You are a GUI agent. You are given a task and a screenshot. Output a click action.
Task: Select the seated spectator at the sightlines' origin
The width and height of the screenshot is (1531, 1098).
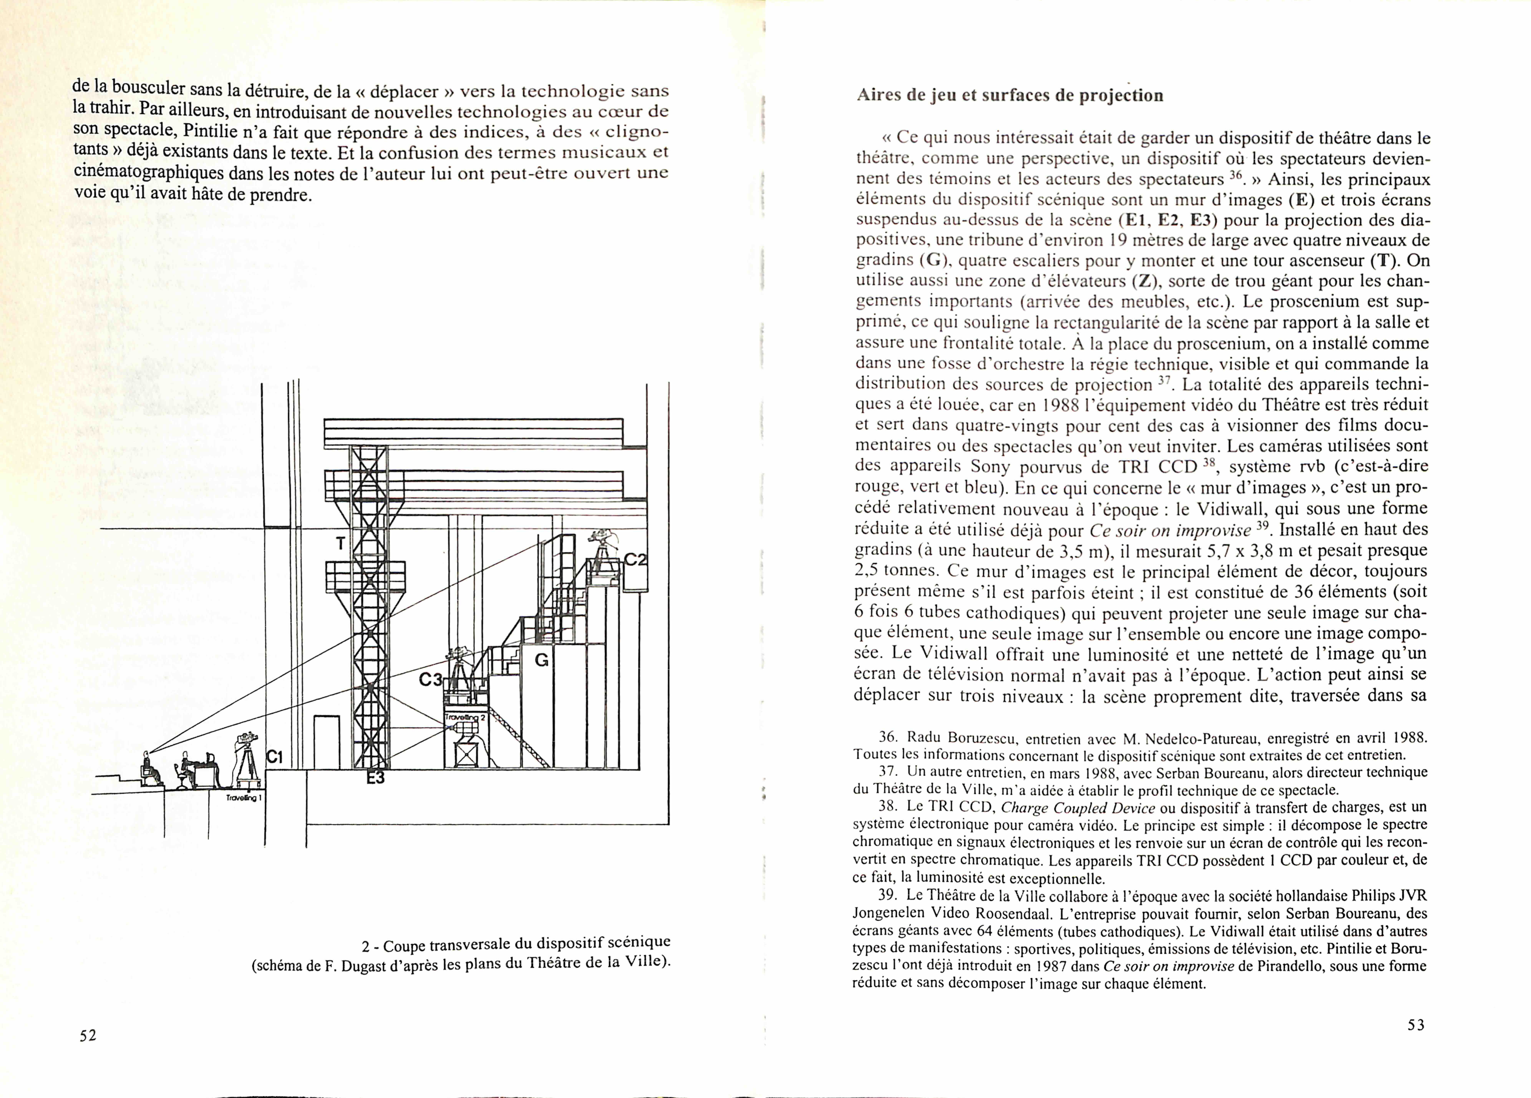[150, 769]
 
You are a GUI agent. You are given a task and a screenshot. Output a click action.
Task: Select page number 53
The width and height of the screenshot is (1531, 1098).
[1416, 1024]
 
